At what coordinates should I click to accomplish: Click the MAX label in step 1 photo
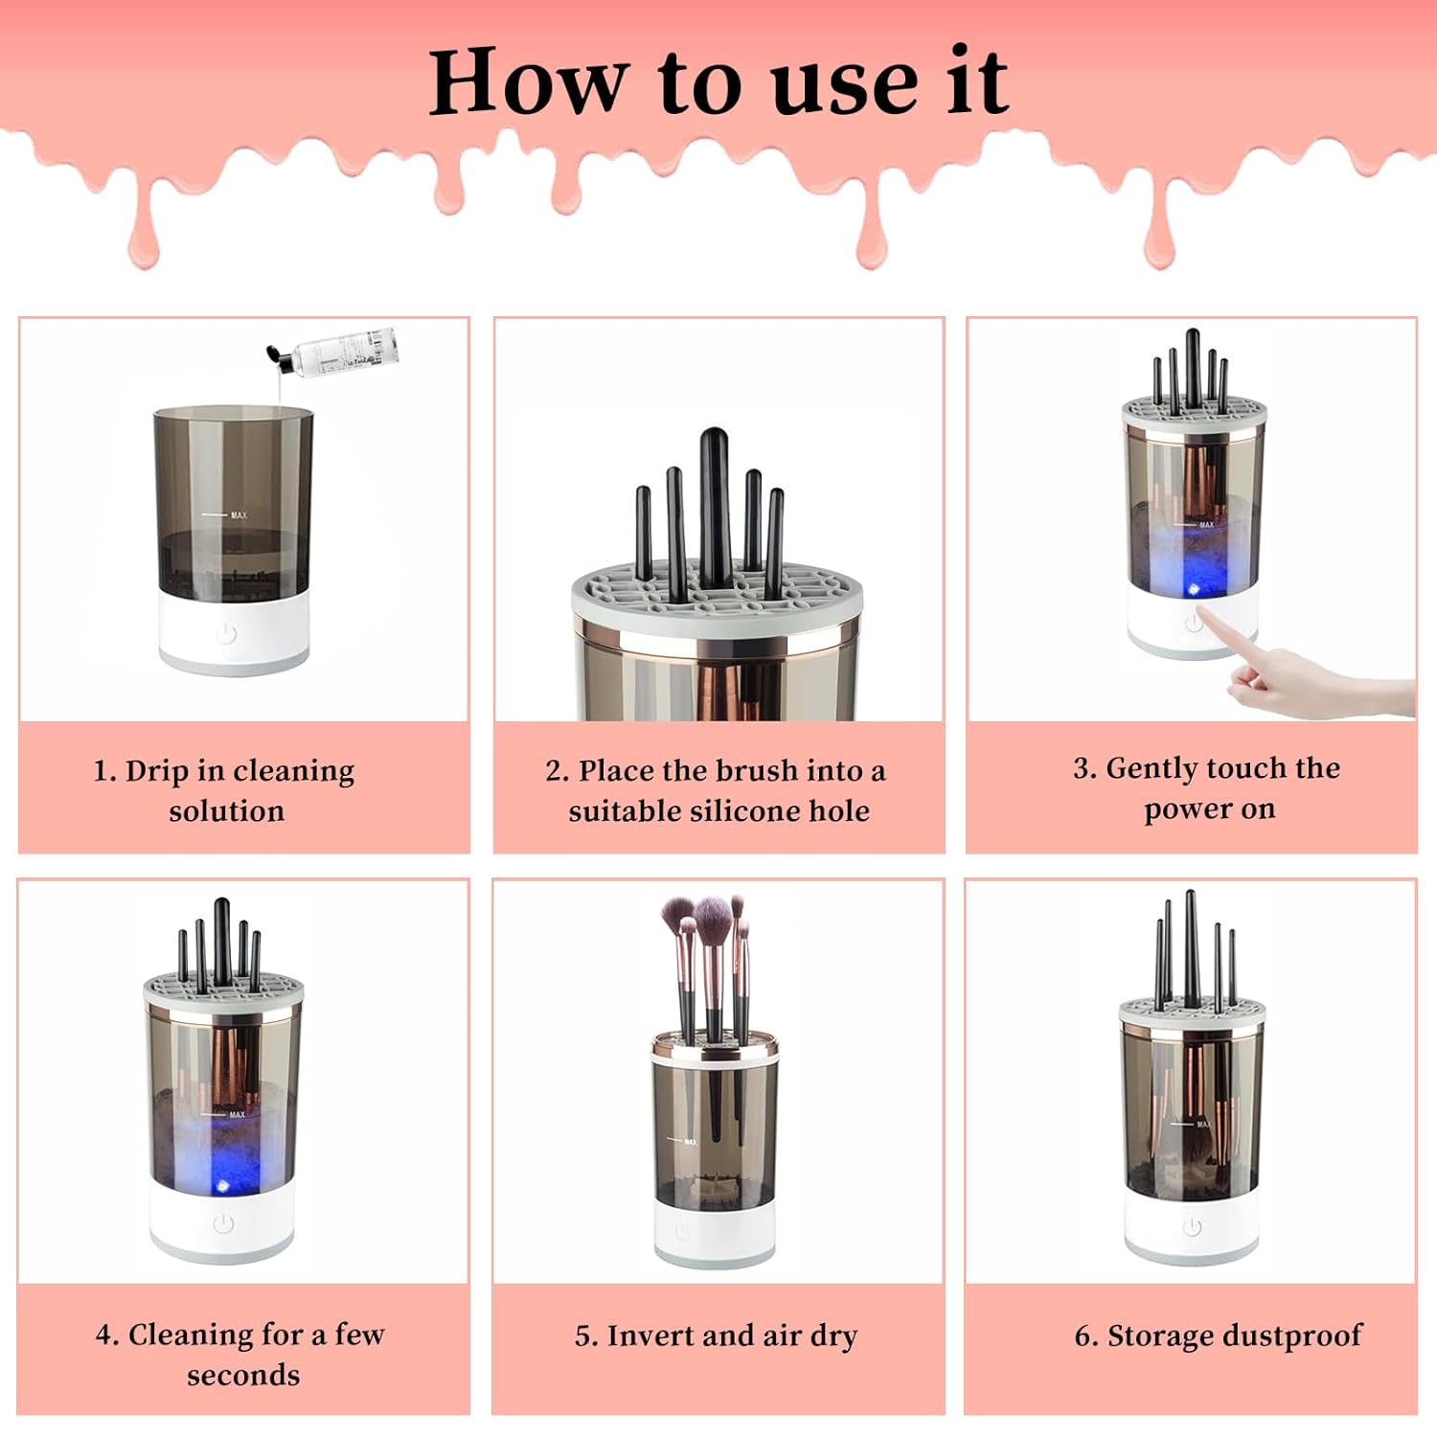[239, 515]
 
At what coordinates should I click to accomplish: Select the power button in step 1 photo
[226, 633]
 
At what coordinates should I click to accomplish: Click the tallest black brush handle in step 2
[715, 507]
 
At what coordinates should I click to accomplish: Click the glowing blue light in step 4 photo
[223, 1187]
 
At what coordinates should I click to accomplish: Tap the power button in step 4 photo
[223, 1223]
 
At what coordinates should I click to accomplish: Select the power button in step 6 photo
[1192, 1227]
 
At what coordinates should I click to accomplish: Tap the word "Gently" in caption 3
[1152, 769]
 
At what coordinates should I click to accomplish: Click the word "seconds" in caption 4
[243, 1376]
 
